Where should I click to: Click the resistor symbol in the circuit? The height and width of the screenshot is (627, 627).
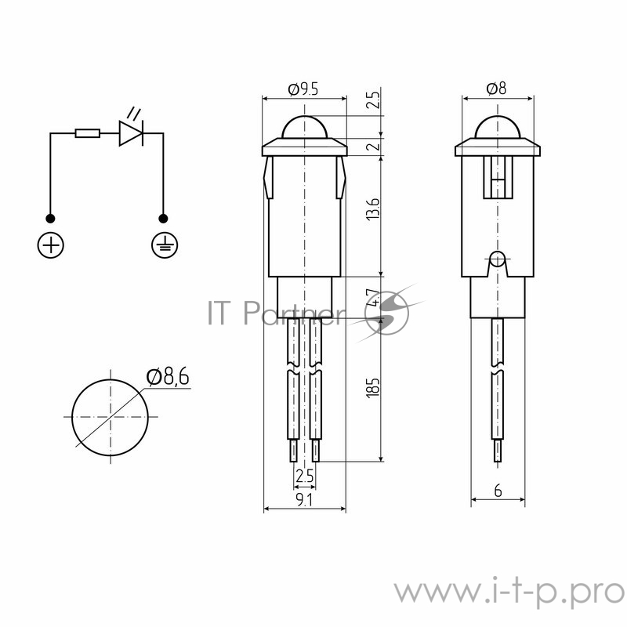click(87, 133)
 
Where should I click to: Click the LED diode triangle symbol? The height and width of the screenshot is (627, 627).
click(131, 133)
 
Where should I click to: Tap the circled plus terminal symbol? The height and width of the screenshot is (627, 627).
click(51, 245)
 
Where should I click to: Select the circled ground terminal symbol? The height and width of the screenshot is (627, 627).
click(164, 245)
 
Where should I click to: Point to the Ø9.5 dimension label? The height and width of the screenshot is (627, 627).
click(303, 89)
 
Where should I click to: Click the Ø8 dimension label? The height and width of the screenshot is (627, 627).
click(496, 89)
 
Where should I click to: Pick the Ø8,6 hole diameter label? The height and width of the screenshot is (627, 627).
click(168, 378)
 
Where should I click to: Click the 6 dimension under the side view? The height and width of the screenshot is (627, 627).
click(498, 491)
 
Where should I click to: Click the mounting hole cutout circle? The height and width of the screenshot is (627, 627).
click(110, 416)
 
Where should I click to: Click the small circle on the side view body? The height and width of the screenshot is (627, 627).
click(497, 258)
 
